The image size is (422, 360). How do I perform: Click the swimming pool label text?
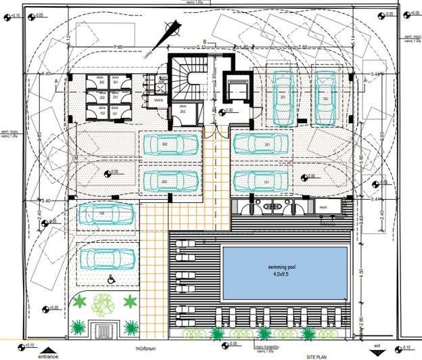[x=284, y=268]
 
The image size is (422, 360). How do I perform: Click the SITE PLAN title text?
[x=318, y=355]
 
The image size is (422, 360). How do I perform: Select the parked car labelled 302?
[x=170, y=145]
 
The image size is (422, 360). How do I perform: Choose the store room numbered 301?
[x=116, y=84]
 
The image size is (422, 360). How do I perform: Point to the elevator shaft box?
[x=237, y=92]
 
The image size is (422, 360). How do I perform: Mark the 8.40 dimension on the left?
[x=47, y=73]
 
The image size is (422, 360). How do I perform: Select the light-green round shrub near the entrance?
[x=103, y=304]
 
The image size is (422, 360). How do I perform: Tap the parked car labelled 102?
[x=105, y=215]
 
